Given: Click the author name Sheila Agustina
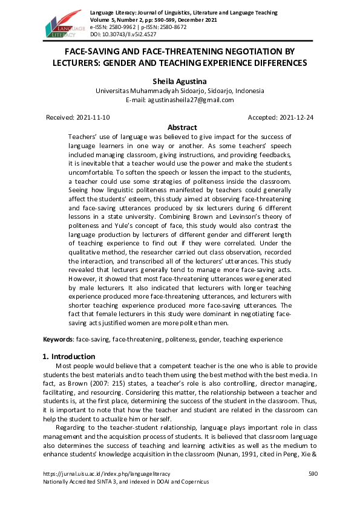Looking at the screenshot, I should pyautogui.click(x=180, y=80).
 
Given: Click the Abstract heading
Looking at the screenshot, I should pyautogui.click(x=182, y=128).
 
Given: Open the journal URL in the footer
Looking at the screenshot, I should pyautogui.click(x=106, y=474).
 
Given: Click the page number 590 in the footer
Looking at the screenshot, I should pyautogui.click(x=313, y=474).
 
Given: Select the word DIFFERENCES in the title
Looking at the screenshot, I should pyautogui.click(x=273, y=63).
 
